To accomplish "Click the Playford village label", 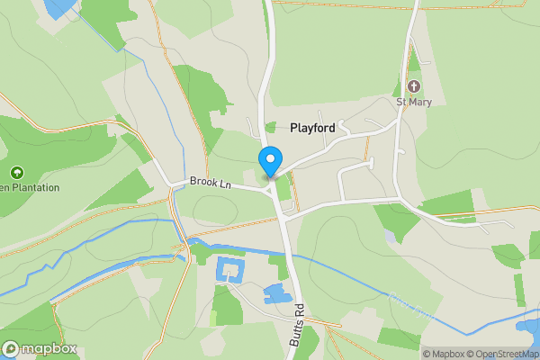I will pyautogui.click(x=312, y=129).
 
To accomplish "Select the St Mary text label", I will pyautogui.click(x=414, y=103).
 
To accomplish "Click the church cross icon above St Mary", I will pyautogui.click(x=414, y=86).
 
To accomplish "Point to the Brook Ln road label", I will pyautogui.click(x=211, y=183).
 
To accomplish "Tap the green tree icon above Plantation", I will pyautogui.click(x=16, y=172).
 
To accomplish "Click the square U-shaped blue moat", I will pyautogui.click(x=230, y=270).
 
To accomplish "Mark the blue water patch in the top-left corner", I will pyautogui.click(x=61, y=7).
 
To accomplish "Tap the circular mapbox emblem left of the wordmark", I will pyautogui.click(x=11, y=349).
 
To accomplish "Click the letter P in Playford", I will pyautogui.click(x=293, y=129).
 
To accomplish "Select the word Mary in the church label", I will pyautogui.click(x=421, y=103).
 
